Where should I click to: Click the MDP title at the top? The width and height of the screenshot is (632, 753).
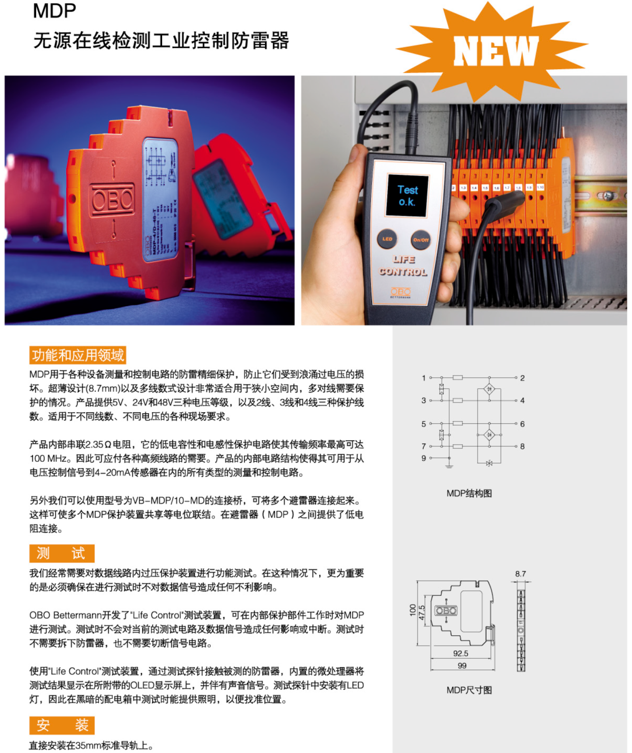pyautogui.click(x=54, y=11)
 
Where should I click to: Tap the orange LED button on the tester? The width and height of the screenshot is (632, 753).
pyautogui.click(x=387, y=239)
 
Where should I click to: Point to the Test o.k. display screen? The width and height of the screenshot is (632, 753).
pyautogui.click(x=407, y=196)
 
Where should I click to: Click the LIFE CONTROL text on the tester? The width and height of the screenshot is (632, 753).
pyautogui.click(x=403, y=266)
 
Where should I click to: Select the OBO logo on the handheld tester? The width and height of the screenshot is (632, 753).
pyautogui.click(x=401, y=292)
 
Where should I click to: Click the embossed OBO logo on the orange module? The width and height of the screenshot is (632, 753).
pyautogui.click(x=112, y=200)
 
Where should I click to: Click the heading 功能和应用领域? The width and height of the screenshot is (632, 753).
pyautogui.click(x=77, y=355)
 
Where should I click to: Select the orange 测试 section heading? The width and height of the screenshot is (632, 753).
pyautogui.click(x=62, y=553)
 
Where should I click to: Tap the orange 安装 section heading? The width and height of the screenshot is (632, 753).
pyautogui.click(x=62, y=725)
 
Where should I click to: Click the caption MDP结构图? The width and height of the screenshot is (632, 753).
pyautogui.click(x=469, y=493)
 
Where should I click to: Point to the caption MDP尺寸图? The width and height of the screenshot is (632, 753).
pyautogui.click(x=469, y=690)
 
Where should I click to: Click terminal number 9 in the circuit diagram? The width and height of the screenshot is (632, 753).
pyautogui.click(x=424, y=458)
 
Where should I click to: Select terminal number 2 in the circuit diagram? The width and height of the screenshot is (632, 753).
pyautogui.click(x=522, y=378)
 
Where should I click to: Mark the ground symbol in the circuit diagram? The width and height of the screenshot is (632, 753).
pyautogui.click(x=449, y=466)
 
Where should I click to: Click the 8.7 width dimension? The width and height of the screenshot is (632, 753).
pyautogui.click(x=521, y=574)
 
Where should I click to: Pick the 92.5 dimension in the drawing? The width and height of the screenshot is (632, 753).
pyautogui.click(x=460, y=654)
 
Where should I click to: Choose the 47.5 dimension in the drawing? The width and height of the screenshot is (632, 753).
pyautogui.click(x=422, y=612)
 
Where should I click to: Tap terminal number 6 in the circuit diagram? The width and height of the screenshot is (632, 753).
pyautogui.click(x=522, y=424)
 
